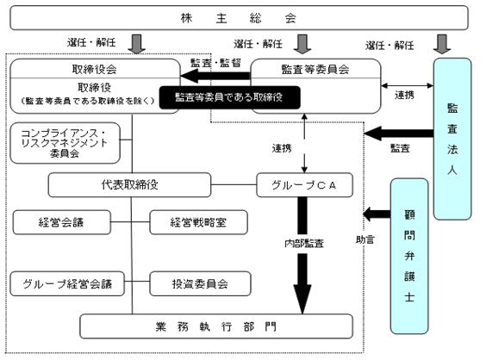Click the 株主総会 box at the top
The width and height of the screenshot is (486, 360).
239,18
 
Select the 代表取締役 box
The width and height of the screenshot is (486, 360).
129,185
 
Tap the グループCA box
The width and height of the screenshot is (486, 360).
304,185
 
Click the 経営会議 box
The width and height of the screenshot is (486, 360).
62,222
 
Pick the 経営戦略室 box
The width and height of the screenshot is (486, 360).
198,222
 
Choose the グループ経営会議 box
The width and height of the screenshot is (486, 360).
67,283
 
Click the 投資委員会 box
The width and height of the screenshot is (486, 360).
200,283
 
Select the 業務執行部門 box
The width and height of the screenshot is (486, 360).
216,326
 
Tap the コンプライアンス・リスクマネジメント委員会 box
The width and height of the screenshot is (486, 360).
65,143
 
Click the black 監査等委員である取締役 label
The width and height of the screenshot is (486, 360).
230,97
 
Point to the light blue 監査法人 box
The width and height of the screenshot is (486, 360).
452,139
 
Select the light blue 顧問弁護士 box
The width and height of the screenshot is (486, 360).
409,256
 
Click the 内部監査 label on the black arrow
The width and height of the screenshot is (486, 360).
304,244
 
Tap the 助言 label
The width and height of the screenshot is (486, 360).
365,239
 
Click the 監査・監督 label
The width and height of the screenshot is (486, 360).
215,63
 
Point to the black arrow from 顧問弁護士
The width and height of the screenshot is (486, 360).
377,214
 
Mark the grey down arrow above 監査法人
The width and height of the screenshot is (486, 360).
442,44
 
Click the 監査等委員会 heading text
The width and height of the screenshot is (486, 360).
315,70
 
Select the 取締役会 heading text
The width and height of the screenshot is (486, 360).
95,69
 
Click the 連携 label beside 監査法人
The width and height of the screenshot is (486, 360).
404,95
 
